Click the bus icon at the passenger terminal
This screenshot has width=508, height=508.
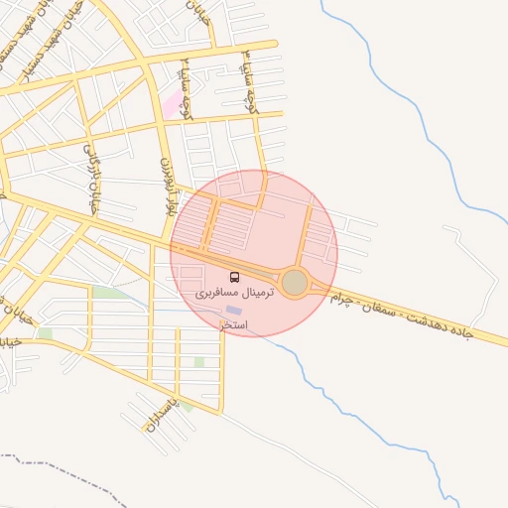click(235, 276)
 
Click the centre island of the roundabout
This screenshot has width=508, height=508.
click(295, 283)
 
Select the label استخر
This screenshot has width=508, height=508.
click(233, 325)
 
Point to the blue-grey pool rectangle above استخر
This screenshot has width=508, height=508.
click(233, 311)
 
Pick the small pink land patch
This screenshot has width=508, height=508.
click(175, 102)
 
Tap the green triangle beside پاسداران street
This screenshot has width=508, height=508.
click(187, 406)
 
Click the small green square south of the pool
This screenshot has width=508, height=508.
click(199, 362)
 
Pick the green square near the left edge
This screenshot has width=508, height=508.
click(45, 333)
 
